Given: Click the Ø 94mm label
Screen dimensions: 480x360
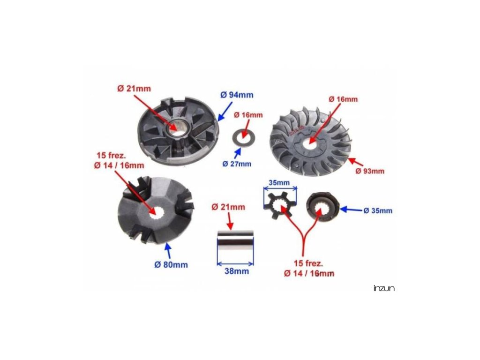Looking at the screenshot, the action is pyautogui.click(x=237, y=95).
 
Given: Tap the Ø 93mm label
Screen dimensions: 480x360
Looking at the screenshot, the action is pyautogui.click(x=370, y=171).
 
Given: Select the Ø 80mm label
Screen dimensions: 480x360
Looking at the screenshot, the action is pyautogui.click(x=171, y=265).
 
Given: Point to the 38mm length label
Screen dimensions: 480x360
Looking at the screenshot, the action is pyautogui.click(x=235, y=271).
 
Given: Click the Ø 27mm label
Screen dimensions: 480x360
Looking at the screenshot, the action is pyautogui.click(x=237, y=164).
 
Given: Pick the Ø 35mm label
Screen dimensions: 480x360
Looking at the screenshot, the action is pyautogui.click(x=378, y=210).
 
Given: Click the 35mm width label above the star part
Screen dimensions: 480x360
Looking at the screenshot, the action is pyautogui.click(x=280, y=182).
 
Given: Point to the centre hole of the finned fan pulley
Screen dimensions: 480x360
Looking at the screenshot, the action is pyautogui.click(x=309, y=142).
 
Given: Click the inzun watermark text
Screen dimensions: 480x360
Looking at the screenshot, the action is pyautogui.click(x=384, y=288).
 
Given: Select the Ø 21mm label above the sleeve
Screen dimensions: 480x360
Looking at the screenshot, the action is pyautogui.click(x=228, y=207).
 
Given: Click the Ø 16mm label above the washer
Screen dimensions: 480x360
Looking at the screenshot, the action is pyautogui.click(x=248, y=115).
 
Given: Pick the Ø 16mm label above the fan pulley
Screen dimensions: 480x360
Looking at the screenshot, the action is pyautogui.click(x=343, y=99).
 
